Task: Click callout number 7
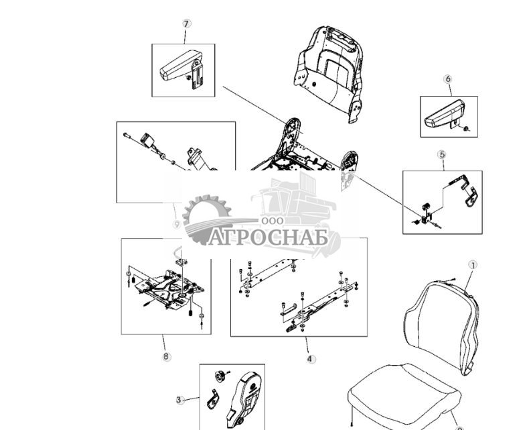coord(187,23)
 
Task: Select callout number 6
coord(448,79)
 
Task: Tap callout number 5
coord(442,155)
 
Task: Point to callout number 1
coord(473,265)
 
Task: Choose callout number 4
coord(310,359)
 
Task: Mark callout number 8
coord(166,356)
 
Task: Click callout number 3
coord(179,400)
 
